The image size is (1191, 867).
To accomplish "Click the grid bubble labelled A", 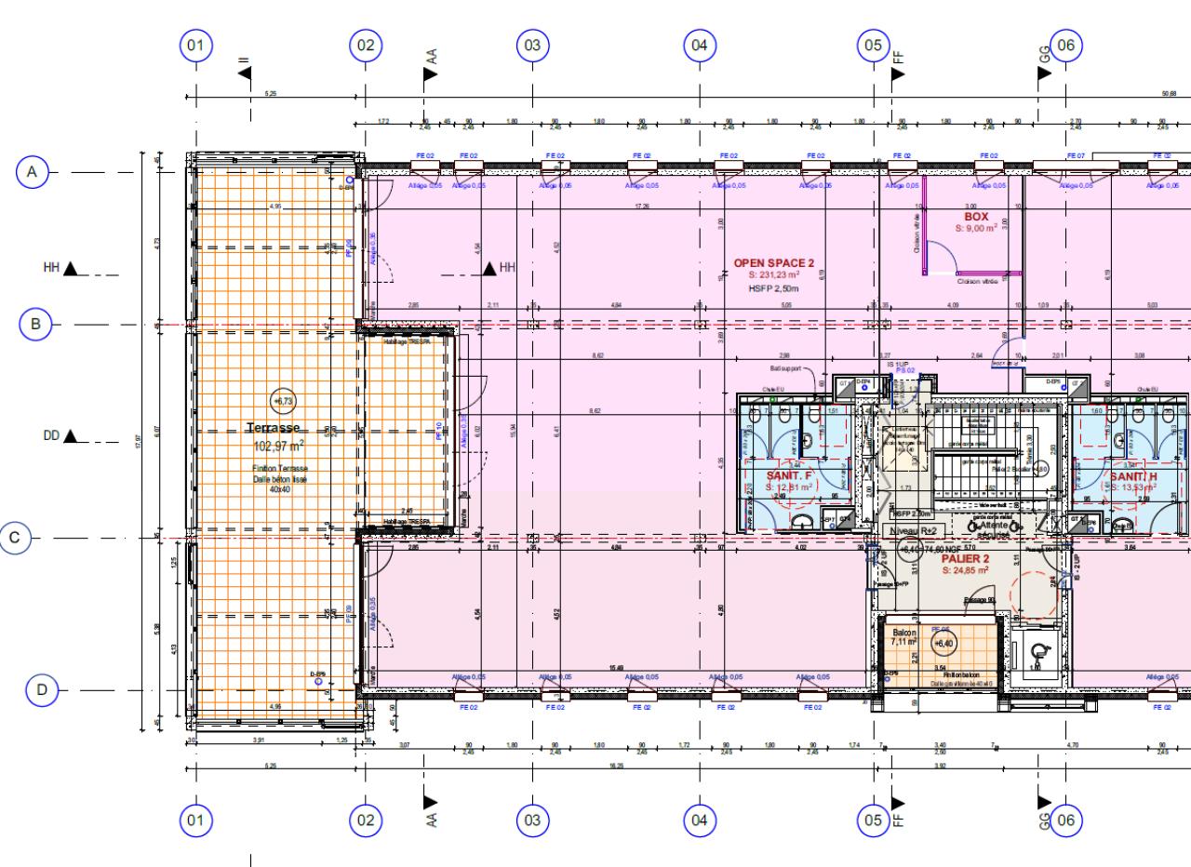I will click(x=33, y=172).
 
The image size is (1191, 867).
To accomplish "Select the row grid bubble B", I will click(x=35, y=325).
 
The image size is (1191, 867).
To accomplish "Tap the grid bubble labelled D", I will click(x=42, y=690).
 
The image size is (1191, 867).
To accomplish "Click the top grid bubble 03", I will click(x=531, y=45).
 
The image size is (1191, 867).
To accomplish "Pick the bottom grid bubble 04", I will click(x=699, y=820).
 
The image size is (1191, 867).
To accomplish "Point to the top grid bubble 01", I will click(x=195, y=45).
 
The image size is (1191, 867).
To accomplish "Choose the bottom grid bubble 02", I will click(x=365, y=820).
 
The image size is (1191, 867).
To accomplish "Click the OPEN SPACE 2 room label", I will click(x=774, y=263).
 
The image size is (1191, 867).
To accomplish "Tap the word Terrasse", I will click(x=274, y=428).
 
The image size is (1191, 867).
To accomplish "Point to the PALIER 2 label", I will click(x=964, y=559).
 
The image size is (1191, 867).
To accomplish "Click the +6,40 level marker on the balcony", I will click(x=944, y=644).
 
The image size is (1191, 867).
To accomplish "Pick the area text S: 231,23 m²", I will click(x=774, y=275).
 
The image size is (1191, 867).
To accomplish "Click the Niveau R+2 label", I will click(x=918, y=529).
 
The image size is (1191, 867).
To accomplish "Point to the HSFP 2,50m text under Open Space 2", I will click(x=774, y=289).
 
